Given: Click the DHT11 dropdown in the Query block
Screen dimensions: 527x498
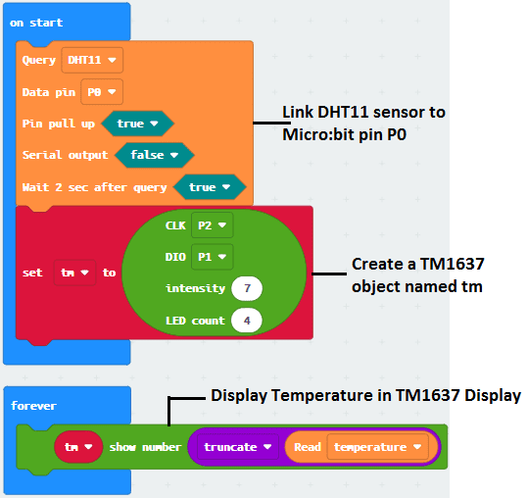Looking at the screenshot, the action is [92, 60].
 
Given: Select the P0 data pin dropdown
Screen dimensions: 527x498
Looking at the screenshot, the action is [102, 92].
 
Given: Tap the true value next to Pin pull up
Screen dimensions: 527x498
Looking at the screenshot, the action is [137, 124].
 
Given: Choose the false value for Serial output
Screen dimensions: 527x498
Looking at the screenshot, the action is [154, 155].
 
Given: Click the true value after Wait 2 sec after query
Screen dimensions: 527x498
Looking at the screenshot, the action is [210, 187].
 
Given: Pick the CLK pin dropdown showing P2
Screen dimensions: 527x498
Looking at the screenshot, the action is [213, 224].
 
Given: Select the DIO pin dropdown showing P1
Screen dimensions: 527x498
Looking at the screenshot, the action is [213, 257].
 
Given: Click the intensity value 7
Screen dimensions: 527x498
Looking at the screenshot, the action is [247, 288].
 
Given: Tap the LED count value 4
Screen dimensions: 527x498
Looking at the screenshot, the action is [247, 321].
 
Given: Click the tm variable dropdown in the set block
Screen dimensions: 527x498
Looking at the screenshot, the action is [75, 273].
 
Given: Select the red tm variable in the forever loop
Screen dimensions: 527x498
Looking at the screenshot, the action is [78, 447].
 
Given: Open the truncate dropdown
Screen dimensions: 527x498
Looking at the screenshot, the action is [238, 447].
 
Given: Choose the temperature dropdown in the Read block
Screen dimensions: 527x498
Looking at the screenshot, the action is [377, 447].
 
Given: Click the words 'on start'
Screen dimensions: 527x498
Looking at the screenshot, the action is [36, 23].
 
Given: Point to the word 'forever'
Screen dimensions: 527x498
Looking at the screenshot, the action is [33, 406].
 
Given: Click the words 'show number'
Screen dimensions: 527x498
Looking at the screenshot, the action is [145, 447].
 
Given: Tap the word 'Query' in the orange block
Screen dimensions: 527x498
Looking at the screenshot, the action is [39, 61].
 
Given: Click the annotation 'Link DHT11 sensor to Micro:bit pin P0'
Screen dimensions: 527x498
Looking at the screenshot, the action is [363, 124].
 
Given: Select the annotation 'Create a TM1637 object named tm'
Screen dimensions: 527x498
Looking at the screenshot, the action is [417, 275].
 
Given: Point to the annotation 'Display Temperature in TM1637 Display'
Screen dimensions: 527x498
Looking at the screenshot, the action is [366, 395].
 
